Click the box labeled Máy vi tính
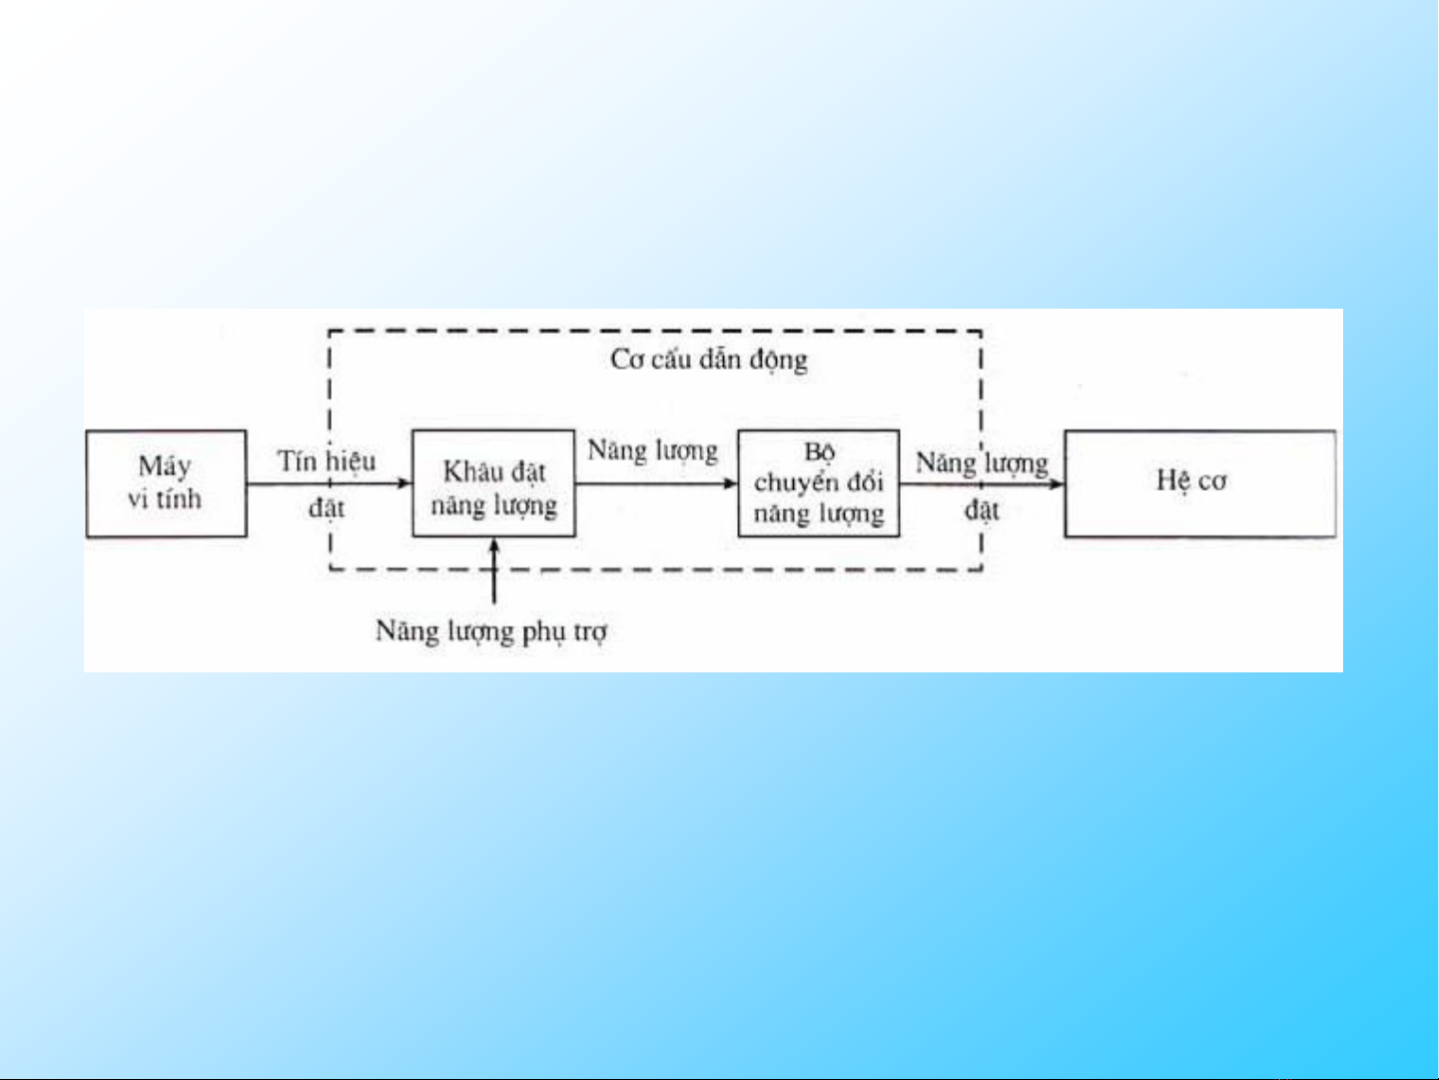(166, 484)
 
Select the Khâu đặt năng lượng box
(493, 484)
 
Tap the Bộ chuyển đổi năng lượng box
(818, 484)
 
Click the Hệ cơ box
(1199, 484)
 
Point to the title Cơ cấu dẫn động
(709, 359)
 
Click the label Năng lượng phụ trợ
(491, 631)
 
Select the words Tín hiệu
(327, 462)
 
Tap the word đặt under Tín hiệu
(327, 508)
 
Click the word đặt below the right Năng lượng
(982, 511)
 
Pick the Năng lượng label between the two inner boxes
(652, 451)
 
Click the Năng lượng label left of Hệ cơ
(982, 463)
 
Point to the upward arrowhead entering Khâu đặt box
(494, 546)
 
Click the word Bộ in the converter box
(819, 452)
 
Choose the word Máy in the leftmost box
(165, 467)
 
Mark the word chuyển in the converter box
(796, 482)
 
